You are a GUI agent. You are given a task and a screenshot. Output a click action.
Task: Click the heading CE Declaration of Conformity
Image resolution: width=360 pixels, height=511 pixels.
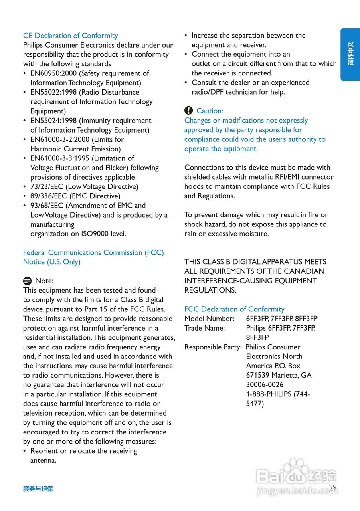70,36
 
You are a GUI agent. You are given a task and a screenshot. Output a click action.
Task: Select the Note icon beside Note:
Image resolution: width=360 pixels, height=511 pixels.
27,281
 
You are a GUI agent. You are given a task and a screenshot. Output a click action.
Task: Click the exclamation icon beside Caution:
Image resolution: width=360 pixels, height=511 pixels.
188,111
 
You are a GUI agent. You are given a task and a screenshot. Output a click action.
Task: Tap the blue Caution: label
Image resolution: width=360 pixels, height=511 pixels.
210,111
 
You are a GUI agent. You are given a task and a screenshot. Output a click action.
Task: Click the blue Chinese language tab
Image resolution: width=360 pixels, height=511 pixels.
350,54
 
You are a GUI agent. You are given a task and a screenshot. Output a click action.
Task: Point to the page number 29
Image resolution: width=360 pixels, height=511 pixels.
333,487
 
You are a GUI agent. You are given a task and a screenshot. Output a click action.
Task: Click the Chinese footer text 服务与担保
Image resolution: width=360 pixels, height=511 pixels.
38,489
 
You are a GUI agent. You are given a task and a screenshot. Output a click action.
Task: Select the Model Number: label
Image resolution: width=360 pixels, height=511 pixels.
209,319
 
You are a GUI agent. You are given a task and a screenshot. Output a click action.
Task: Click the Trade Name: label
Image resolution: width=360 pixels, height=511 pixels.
204,328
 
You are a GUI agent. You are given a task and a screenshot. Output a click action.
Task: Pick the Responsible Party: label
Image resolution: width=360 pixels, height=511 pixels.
213,347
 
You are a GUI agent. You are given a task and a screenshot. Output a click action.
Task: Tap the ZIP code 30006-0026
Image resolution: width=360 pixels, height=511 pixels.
265,385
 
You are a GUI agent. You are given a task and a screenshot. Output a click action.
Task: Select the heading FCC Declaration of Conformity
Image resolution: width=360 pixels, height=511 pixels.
234,309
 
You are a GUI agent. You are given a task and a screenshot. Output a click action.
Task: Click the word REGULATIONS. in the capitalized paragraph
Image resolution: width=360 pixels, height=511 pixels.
210,290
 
